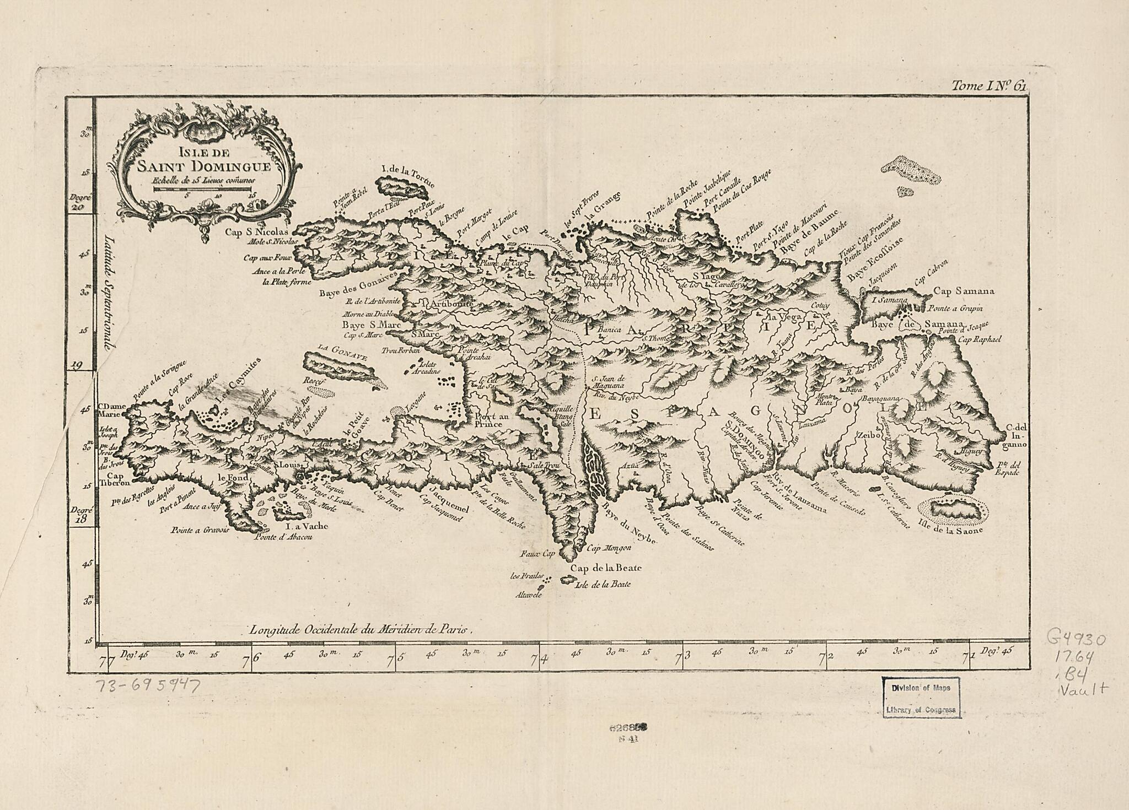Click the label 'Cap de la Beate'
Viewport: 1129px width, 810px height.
coord(606,568)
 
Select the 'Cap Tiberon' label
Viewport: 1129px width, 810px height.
coord(115,479)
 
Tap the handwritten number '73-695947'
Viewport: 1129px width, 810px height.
coord(148,686)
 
